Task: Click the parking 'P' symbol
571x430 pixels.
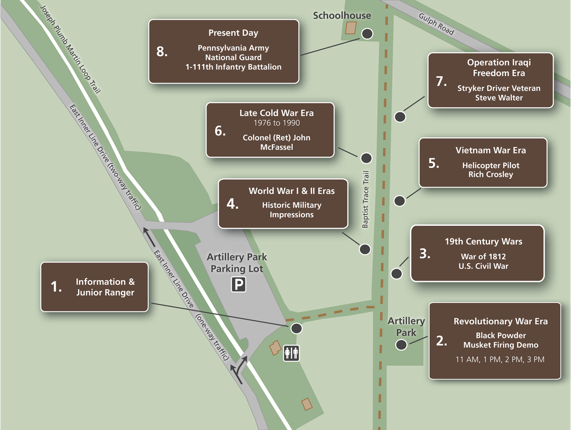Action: (239, 285)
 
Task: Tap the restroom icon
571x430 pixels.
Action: (291, 353)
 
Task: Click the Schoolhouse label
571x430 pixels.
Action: (342, 16)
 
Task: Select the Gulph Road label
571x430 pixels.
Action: (436, 24)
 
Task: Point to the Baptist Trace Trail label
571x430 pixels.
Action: (365, 199)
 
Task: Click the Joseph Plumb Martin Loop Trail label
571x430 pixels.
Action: (70, 49)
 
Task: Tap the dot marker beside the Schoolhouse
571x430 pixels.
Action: (367, 34)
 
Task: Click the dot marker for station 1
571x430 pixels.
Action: (296, 328)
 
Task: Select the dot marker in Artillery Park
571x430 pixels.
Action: (401, 345)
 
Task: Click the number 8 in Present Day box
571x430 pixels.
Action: (162, 52)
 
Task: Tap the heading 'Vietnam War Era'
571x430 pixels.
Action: (490, 150)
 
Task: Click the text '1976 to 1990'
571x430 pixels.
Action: (277, 123)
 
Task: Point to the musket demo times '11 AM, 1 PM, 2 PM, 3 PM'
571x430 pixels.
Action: (500, 359)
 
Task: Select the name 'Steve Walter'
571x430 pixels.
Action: (499, 98)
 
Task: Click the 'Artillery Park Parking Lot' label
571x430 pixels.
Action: (237, 262)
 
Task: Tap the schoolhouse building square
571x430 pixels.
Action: (351, 28)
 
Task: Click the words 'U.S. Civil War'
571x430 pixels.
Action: (483, 266)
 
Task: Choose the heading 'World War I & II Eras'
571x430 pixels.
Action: (292, 191)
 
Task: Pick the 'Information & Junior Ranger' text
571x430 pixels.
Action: (105, 287)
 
